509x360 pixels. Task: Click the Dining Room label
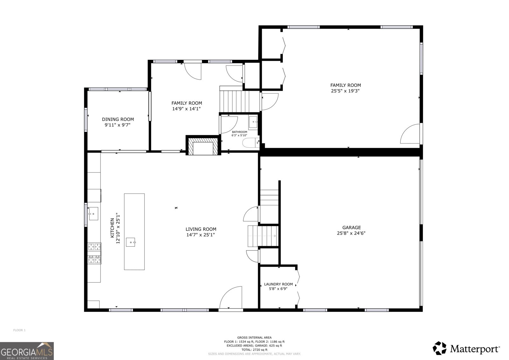tap(118, 119)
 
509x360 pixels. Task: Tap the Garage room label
tap(352, 227)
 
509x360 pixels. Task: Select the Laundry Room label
tap(278, 284)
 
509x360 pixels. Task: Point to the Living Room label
tap(201, 229)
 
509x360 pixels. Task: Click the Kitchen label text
tap(112, 228)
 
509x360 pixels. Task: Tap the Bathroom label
tap(240, 132)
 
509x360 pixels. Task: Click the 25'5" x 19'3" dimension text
tap(345, 91)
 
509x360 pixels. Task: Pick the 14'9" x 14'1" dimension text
tap(186, 109)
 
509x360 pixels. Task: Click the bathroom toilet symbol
tap(251, 143)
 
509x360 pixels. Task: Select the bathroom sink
tap(253, 122)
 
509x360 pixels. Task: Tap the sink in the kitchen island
tap(131, 242)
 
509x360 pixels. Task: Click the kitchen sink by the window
tap(94, 214)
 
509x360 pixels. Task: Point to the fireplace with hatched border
tap(203, 145)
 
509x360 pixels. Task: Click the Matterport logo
tap(466, 348)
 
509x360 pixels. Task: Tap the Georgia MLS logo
tap(27, 351)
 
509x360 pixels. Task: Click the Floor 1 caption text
tap(19, 330)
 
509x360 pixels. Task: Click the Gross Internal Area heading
tap(254, 337)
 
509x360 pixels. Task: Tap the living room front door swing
tap(231, 297)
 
